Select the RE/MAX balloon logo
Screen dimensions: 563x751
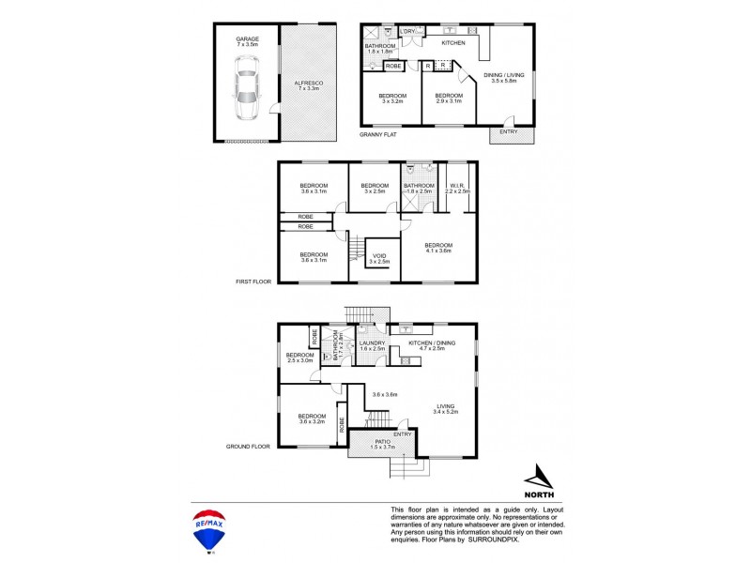(x=207, y=530)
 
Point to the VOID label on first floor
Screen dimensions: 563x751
(x=379, y=255)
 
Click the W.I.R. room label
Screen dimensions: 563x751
(x=458, y=185)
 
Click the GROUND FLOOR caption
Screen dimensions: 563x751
(x=249, y=447)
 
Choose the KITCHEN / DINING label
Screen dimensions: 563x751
(x=432, y=343)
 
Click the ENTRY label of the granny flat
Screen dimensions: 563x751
(x=509, y=131)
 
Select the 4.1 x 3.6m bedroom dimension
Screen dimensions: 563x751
(x=438, y=251)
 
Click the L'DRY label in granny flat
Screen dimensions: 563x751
(x=407, y=32)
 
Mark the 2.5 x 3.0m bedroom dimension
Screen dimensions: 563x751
(x=300, y=360)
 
